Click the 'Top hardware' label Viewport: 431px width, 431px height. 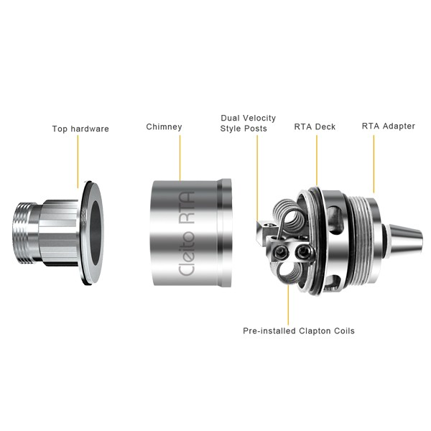point(80,129)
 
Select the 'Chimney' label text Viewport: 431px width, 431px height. point(164,126)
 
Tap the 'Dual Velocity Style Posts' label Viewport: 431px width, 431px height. point(248,123)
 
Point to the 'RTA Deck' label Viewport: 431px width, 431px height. point(315,126)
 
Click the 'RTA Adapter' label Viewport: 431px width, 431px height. point(389,126)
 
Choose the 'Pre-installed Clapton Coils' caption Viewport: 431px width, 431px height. point(299,330)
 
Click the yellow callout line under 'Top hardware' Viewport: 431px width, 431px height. point(78,162)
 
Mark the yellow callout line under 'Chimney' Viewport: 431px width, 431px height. point(180,158)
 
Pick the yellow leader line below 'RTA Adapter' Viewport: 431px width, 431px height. point(374,164)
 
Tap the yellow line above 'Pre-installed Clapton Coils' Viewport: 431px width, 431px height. point(288,305)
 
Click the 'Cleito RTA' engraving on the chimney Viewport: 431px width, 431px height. point(187,233)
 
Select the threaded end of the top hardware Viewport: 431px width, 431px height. point(24,233)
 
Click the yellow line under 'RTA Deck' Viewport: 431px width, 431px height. point(317,161)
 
